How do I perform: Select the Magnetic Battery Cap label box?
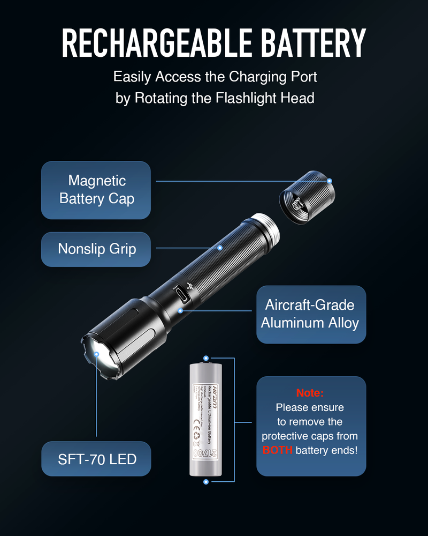[x=96, y=190]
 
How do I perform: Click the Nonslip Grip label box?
[x=96, y=249]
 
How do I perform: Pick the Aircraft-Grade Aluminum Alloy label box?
[x=311, y=314]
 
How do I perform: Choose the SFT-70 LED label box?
[x=96, y=459]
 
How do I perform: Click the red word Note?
[x=310, y=393]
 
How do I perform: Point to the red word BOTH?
[x=278, y=450]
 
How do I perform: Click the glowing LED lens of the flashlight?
[x=98, y=355]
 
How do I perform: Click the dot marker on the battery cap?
[x=330, y=181]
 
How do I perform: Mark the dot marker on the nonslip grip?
[x=220, y=248]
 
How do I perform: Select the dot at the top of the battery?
[x=206, y=358]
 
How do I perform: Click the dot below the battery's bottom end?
[x=206, y=481]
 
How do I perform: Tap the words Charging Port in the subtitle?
[x=273, y=77]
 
